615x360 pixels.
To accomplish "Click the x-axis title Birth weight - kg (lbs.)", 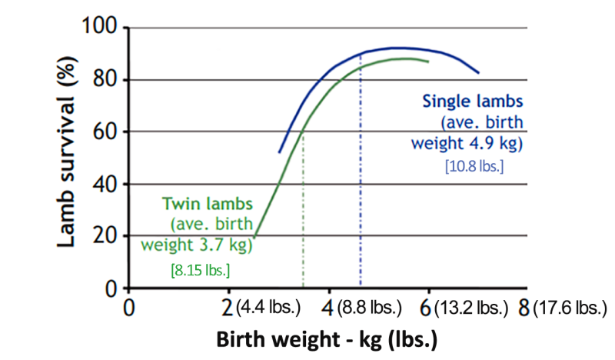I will click(327, 340).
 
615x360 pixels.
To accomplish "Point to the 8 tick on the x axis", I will click(524, 308).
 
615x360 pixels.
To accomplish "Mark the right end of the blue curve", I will click(479, 72).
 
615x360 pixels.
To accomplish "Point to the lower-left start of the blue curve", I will click(279, 152).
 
